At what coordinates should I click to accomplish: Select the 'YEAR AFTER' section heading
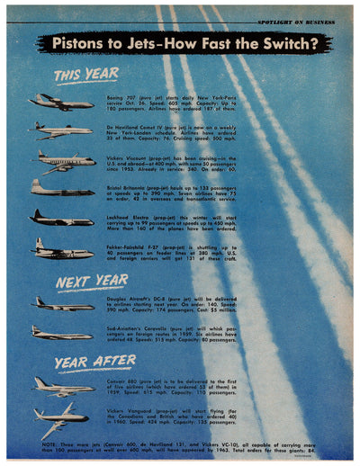[x=83, y=363]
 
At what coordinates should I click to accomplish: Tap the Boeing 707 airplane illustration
[x=60, y=101]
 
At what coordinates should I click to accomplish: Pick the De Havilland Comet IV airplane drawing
[x=60, y=130]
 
